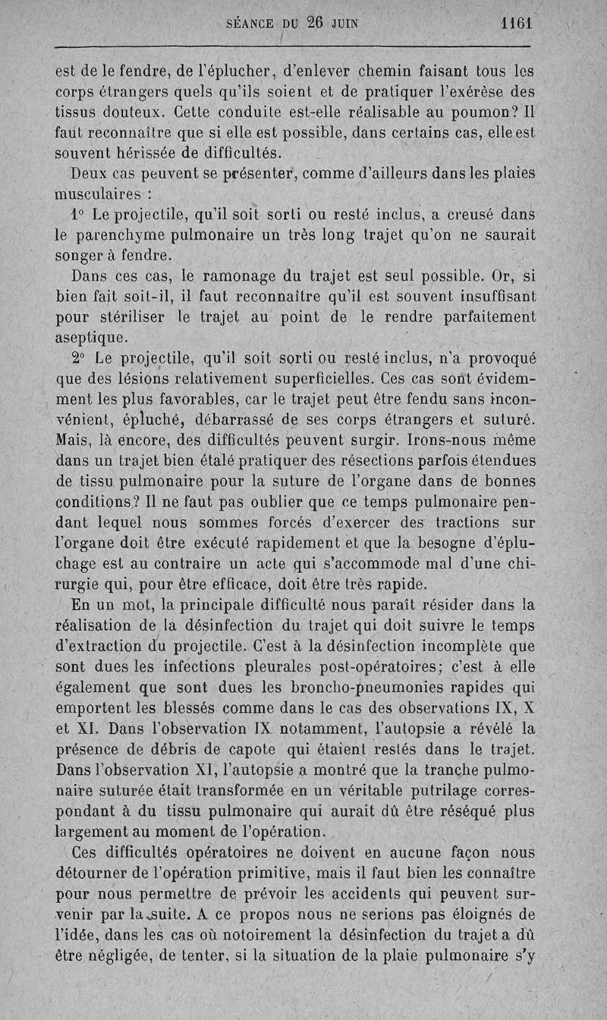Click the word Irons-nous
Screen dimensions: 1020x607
[x=426, y=439]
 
